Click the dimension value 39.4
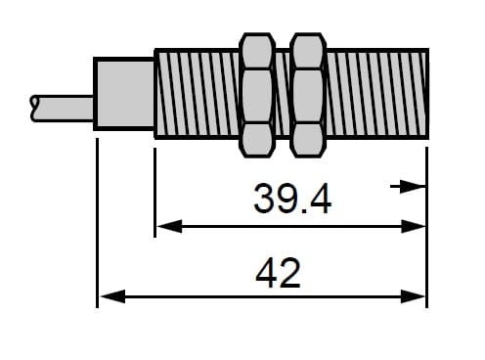tap(292, 199)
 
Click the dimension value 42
tap(278, 273)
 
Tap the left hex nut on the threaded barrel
tap(257, 95)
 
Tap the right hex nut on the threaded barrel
tap(308, 95)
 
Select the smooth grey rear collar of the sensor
tap(124, 94)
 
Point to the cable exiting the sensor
tap(62, 109)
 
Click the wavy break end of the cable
tap(33, 109)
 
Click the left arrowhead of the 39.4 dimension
tap(169, 226)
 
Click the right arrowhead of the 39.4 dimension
tap(414, 226)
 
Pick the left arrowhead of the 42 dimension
tap(112, 296)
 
